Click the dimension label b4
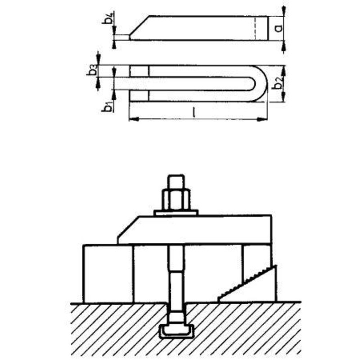pos(108,19)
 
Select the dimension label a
pos(278,28)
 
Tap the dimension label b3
pos(92,70)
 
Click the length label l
pos(194,112)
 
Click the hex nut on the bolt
pos(176,199)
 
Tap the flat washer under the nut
pos(176,213)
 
